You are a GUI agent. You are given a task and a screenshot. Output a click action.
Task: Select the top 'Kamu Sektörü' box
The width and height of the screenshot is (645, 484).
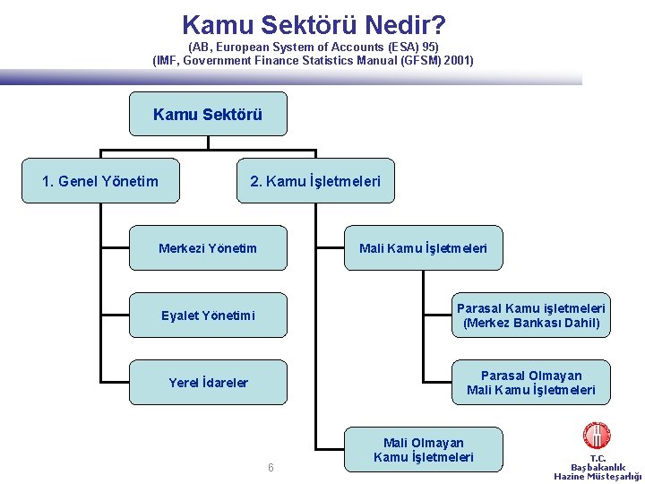tap(208, 114)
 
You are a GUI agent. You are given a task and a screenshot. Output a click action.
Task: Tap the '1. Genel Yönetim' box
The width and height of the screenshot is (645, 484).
tap(100, 181)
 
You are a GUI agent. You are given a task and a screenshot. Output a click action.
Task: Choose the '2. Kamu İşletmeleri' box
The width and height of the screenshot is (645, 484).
tap(315, 181)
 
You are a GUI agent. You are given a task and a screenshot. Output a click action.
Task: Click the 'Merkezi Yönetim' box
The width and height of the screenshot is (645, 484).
tap(208, 248)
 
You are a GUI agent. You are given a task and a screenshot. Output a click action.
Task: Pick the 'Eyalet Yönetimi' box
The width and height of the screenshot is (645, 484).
tap(208, 315)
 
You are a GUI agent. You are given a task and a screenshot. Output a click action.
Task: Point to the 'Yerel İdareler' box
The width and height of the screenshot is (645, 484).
tap(208, 383)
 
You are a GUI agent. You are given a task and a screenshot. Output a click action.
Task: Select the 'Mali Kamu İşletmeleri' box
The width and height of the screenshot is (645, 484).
tap(424, 248)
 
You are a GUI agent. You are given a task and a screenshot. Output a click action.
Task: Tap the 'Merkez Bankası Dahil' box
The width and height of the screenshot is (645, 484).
tap(531, 315)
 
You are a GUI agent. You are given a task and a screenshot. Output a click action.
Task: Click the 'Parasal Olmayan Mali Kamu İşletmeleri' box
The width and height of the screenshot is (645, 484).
tap(531, 383)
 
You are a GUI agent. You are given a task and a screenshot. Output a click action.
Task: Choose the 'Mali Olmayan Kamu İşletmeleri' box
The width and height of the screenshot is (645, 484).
tap(424, 449)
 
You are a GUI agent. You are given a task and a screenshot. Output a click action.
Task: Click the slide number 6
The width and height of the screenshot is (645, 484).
tap(271, 468)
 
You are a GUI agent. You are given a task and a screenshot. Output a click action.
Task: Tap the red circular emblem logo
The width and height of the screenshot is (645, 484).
tap(597, 436)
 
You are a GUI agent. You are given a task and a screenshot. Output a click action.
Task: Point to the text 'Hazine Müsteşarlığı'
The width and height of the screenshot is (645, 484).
tap(598, 477)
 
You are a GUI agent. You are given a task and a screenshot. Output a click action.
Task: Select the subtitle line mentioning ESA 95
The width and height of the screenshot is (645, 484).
tap(314, 47)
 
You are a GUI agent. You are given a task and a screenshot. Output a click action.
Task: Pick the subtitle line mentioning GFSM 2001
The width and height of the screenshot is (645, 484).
tap(314, 61)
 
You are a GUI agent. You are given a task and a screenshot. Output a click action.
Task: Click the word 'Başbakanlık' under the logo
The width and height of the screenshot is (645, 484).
tap(598, 467)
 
